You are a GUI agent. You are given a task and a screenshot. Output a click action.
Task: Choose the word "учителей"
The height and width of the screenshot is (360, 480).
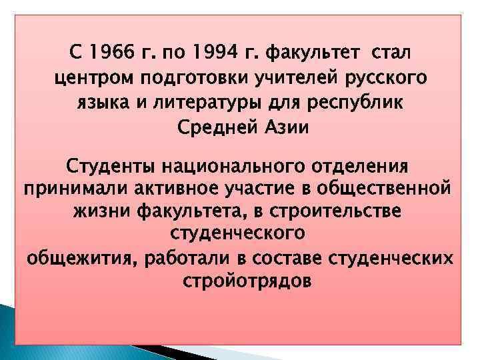(x=283, y=78)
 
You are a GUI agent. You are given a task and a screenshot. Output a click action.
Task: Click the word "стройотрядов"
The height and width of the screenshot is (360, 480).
(x=246, y=281)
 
